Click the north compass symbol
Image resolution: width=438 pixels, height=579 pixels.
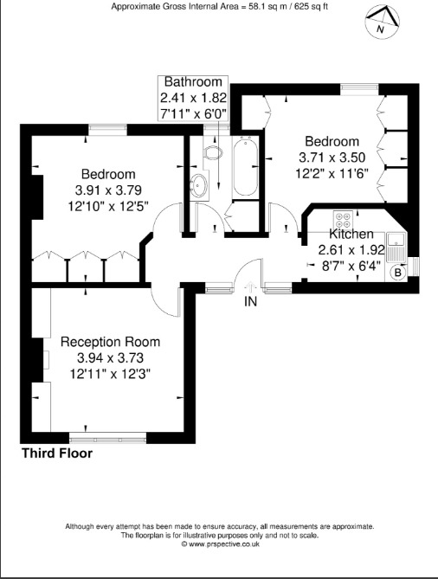point(383,22)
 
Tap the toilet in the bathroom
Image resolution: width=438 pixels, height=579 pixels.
point(213,151)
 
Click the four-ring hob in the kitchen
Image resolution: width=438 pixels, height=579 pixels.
point(342,219)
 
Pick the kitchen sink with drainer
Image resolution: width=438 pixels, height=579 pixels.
point(396,247)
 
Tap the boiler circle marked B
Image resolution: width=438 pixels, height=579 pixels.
point(397,273)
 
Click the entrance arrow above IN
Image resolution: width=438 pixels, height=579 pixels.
point(251,287)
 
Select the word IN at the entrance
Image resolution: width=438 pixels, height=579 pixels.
point(250,301)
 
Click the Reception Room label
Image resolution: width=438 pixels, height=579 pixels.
point(110,342)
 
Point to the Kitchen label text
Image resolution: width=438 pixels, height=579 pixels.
point(351,234)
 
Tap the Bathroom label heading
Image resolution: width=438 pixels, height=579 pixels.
point(193,81)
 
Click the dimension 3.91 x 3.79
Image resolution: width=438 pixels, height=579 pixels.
point(108,190)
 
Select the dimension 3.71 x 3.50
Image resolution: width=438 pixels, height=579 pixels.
point(332,158)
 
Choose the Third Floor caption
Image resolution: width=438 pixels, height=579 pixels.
point(57,454)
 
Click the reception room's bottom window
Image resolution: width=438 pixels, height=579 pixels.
point(108,440)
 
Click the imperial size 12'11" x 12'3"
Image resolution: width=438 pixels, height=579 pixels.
point(110,374)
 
